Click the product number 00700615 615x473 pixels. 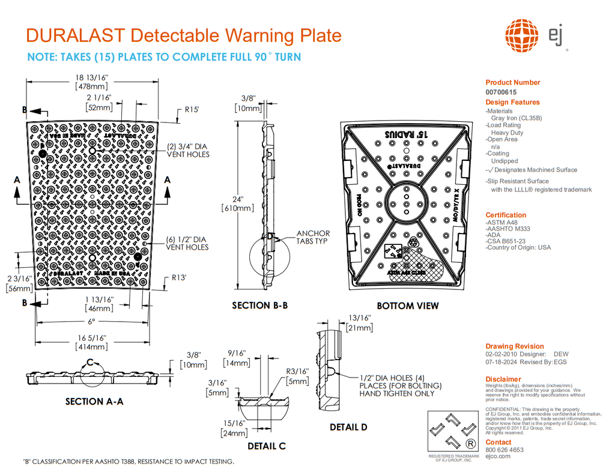click(x=500, y=92)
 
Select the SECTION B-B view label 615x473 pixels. click(x=259, y=306)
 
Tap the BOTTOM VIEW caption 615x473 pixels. click(x=408, y=306)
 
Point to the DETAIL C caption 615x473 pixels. click(x=267, y=446)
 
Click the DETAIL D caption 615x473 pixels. click(x=348, y=427)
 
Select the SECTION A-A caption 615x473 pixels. click(x=94, y=402)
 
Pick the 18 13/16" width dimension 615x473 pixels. click(x=91, y=77)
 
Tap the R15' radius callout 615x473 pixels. click(x=192, y=110)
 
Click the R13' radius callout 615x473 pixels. click(x=179, y=278)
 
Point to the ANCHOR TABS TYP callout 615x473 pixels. click(x=313, y=237)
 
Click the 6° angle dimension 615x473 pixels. click(x=92, y=322)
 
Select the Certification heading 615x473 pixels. click(x=506, y=215)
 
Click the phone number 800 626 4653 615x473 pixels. click(x=504, y=450)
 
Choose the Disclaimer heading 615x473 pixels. click(x=503, y=379)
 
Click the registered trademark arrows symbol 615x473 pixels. click(x=453, y=432)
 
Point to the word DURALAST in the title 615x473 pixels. click(x=76, y=35)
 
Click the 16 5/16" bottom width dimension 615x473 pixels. click(x=91, y=338)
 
